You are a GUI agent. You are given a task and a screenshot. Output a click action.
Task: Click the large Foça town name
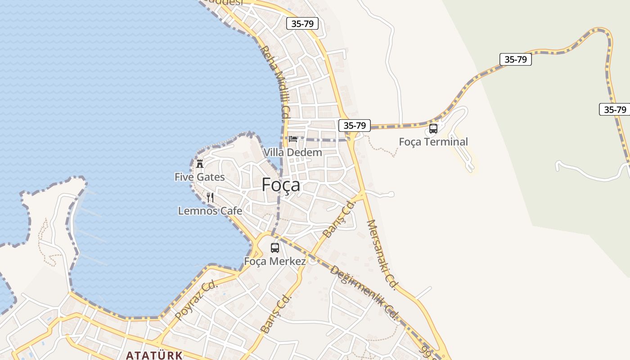(281, 184)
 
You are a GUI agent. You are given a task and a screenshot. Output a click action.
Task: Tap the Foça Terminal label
(433, 142)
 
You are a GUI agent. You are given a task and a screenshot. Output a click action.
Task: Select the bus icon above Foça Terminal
(433, 129)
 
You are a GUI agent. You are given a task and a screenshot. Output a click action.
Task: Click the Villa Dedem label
(292, 152)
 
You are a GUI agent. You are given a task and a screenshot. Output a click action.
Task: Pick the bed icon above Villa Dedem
(293, 139)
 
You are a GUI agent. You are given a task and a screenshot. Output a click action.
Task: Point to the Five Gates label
(200, 177)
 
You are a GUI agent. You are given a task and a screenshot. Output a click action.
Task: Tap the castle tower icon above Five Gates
(200, 163)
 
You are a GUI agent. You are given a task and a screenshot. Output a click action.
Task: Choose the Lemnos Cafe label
(210, 211)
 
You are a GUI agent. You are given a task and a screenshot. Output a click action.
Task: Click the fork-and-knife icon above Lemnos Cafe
(210, 197)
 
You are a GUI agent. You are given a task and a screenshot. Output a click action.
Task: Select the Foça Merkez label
(275, 261)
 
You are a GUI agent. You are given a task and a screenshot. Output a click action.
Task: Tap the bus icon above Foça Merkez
(274, 247)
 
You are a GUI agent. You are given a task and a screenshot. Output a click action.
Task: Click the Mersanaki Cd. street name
(382, 254)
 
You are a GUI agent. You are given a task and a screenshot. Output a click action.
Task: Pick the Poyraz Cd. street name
(196, 301)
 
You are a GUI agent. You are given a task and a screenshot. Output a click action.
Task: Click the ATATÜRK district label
(154, 355)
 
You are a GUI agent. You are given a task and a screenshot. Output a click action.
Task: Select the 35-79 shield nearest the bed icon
(354, 126)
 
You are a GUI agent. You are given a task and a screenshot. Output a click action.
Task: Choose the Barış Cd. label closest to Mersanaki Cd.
(339, 219)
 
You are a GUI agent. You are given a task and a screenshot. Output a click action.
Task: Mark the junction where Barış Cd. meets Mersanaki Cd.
(363, 194)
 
